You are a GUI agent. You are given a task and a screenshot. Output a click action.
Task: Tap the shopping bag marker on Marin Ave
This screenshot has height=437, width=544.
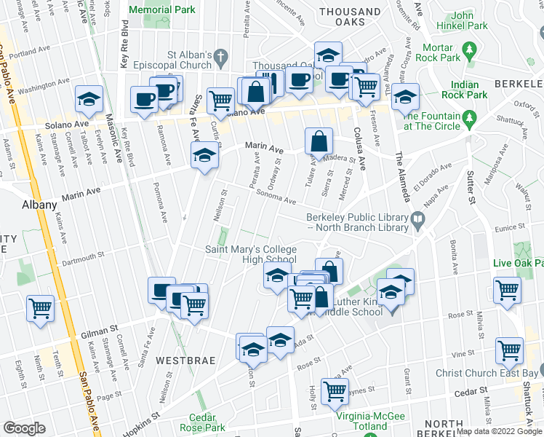point(319,141)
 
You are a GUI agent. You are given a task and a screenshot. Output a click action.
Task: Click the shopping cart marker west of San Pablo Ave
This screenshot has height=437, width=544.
point(40,307)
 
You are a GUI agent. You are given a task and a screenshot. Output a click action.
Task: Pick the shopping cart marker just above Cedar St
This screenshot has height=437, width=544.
point(335,391)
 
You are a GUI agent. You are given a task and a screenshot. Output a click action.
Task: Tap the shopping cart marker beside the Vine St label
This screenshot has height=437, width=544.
point(510,350)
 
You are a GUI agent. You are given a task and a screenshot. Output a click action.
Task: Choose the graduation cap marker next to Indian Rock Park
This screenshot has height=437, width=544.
point(405,97)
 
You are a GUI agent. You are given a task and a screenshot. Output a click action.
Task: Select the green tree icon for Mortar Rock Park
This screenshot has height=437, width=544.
point(470,50)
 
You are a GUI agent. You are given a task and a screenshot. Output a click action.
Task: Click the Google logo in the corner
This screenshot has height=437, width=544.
point(25,428)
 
